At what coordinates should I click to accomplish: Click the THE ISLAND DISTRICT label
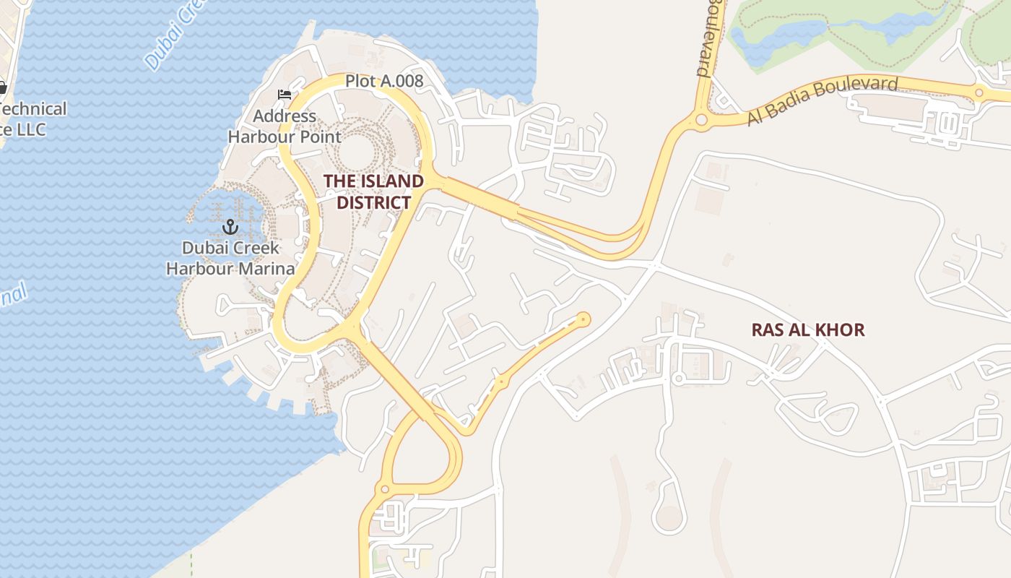373,191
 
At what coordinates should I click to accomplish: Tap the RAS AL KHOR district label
807,330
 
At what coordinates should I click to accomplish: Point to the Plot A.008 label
383,81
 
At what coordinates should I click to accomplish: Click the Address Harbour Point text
285,126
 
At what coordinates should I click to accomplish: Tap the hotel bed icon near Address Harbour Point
285,95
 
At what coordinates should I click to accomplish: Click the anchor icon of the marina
230,228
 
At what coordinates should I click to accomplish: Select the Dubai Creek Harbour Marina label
230,258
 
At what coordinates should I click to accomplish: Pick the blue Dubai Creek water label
170,36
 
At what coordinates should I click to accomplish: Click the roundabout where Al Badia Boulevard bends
701,119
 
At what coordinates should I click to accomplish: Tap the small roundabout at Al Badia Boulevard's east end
979,92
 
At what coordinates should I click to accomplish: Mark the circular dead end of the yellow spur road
583,319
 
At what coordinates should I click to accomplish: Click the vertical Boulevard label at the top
711,36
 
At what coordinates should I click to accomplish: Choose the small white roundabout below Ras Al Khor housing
678,378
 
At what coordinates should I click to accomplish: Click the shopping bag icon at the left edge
2,87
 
